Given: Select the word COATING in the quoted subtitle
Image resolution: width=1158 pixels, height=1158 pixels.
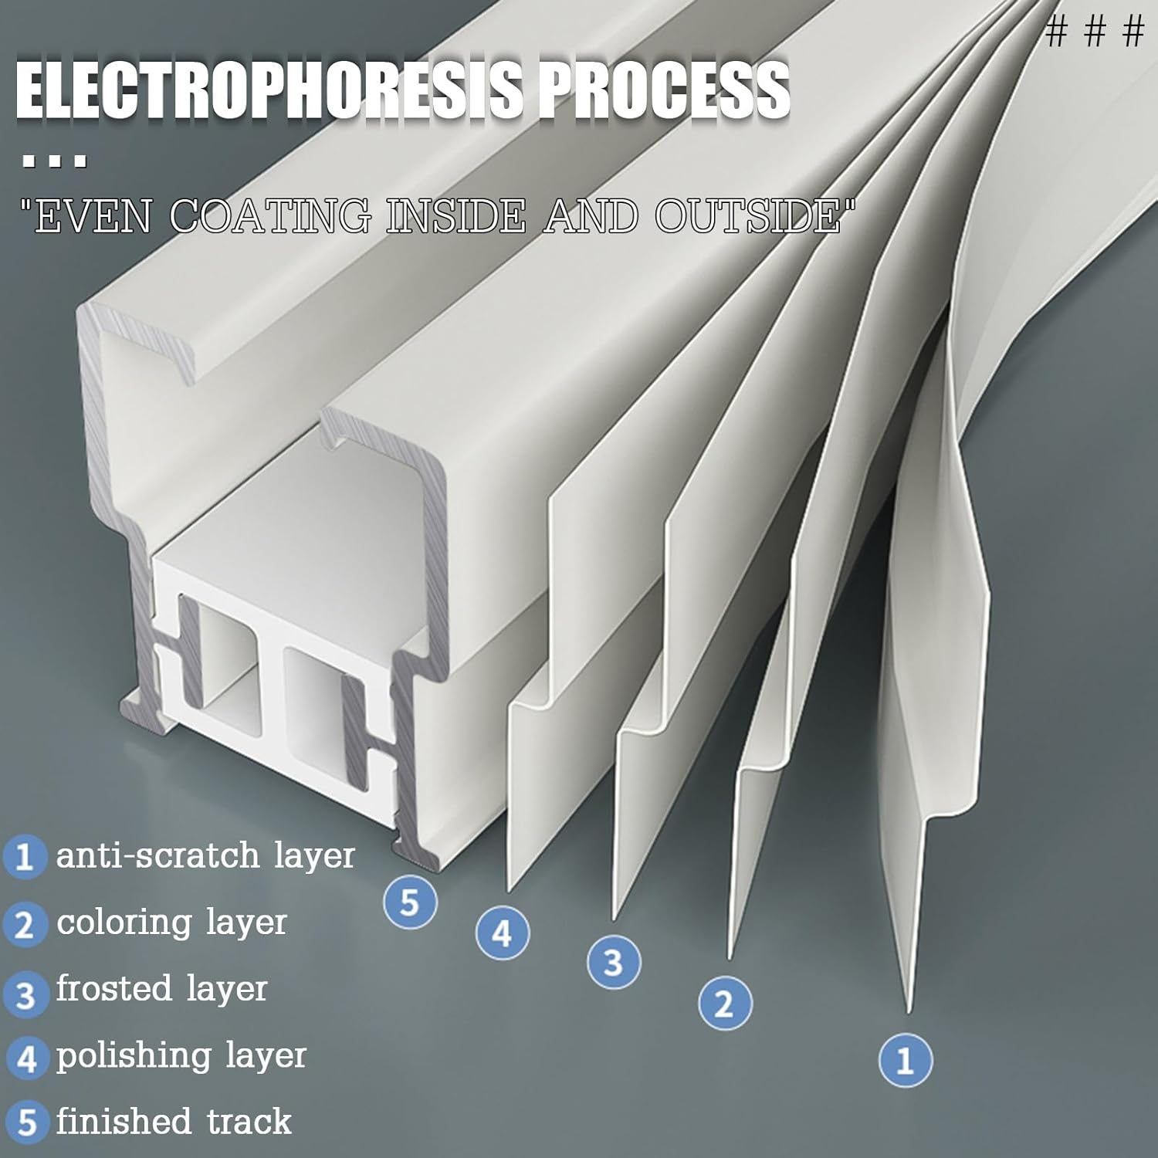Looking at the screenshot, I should pyautogui.click(x=270, y=216).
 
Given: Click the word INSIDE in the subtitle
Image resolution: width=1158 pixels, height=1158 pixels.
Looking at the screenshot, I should pyautogui.click(x=455, y=216).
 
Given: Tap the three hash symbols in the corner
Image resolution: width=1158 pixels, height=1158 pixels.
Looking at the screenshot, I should pyautogui.click(x=1095, y=33).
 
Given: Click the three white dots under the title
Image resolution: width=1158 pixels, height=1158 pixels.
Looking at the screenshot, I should pyautogui.click(x=54, y=162).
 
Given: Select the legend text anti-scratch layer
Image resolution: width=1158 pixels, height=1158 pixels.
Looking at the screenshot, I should pyautogui.click(x=205, y=855).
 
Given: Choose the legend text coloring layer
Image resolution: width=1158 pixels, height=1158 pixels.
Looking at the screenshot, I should pyautogui.click(x=171, y=922).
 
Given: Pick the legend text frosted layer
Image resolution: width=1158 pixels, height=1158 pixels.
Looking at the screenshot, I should pyautogui.click(x=161, y=989).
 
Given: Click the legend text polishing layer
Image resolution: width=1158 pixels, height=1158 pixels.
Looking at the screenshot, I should pyautogui.click(x=181, y=1055).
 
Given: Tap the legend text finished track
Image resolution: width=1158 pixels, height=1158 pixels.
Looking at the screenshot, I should pyautogui.click(x=174, y=1122).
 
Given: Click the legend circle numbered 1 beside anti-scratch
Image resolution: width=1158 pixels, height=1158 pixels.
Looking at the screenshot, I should pyautogui.click(x=25, y=857).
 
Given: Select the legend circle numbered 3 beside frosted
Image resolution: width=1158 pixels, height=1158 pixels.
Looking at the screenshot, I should pyautogui.click(x=25, y=993).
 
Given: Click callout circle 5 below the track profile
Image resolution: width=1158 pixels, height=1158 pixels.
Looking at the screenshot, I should pyautogui.click(x=410, y=902).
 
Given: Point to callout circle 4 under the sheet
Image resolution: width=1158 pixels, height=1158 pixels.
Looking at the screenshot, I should pyautogui.click(x=502, y=933).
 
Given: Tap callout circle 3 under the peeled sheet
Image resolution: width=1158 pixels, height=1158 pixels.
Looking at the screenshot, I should pyautogui.click(x=613, y=963).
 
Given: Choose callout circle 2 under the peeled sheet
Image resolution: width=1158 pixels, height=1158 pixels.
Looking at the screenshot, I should pyautogui.click(x=724, y=1004).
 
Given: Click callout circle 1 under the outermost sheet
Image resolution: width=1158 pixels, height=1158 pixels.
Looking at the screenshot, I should pyautogui.click(x=906, y=1060).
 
